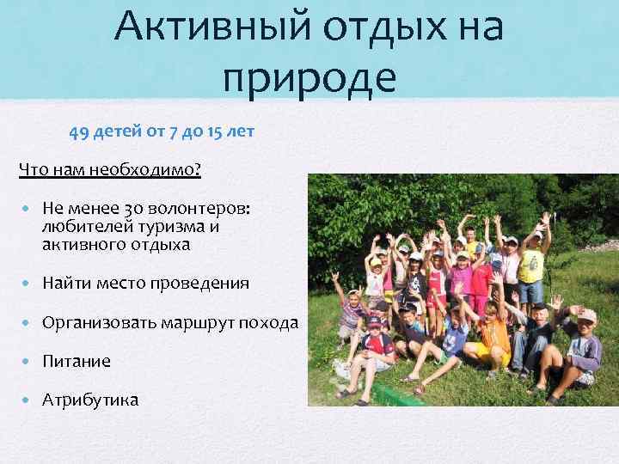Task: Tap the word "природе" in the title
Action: (309, 76)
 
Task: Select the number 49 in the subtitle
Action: (78, 133)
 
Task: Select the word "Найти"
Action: (65, 283)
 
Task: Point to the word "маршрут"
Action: (191, 323)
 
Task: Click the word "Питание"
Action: (77, 362)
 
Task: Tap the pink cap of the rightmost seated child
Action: (586, 316)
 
